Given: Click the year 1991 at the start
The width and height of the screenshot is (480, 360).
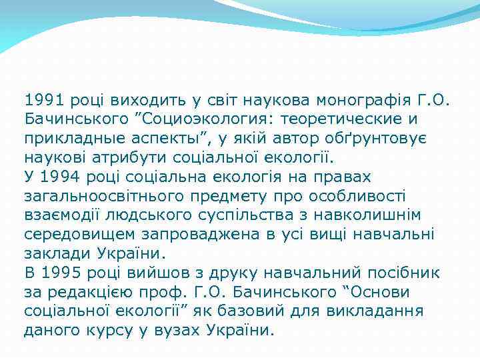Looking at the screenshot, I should [x=43, y=101].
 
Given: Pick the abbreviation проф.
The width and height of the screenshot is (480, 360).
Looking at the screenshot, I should [x=187, y=292].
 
